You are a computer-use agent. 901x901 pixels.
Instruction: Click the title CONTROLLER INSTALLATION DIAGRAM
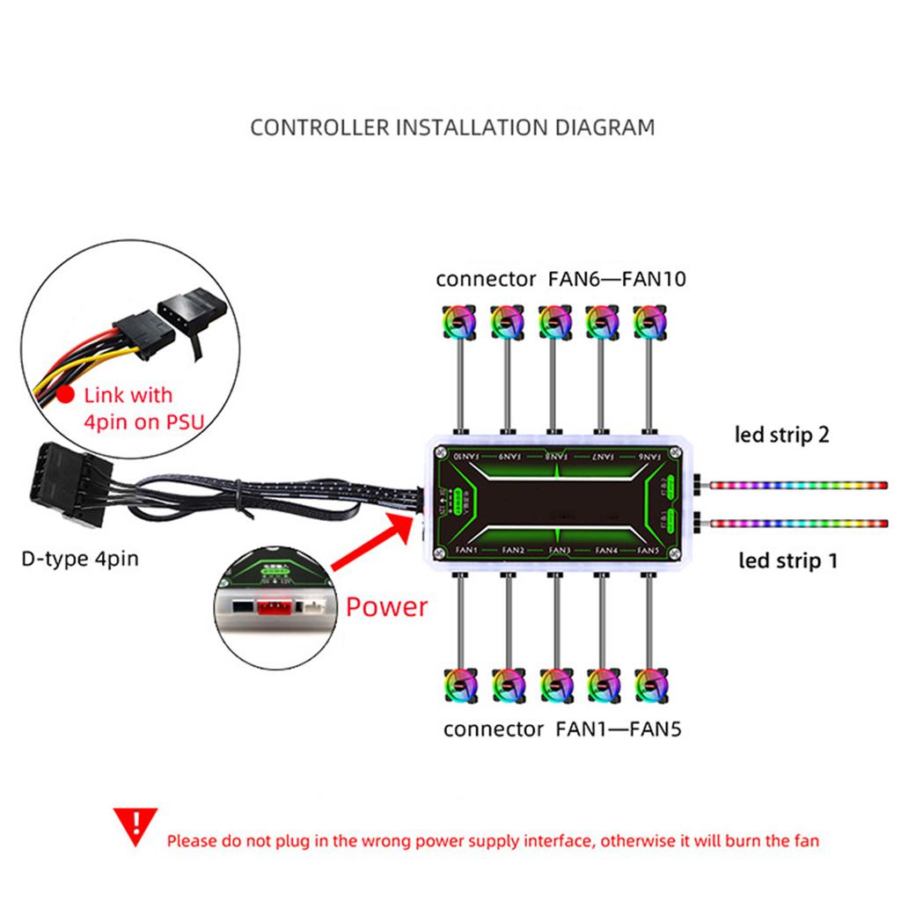452,127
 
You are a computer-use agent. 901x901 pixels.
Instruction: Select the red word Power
386,606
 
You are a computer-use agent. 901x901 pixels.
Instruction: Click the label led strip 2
782,435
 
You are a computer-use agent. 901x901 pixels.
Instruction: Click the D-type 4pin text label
80,558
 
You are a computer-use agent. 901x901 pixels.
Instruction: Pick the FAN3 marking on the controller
558,551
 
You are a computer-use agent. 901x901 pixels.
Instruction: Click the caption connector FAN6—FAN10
560,280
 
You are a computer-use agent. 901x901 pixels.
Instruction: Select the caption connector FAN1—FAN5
561,729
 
